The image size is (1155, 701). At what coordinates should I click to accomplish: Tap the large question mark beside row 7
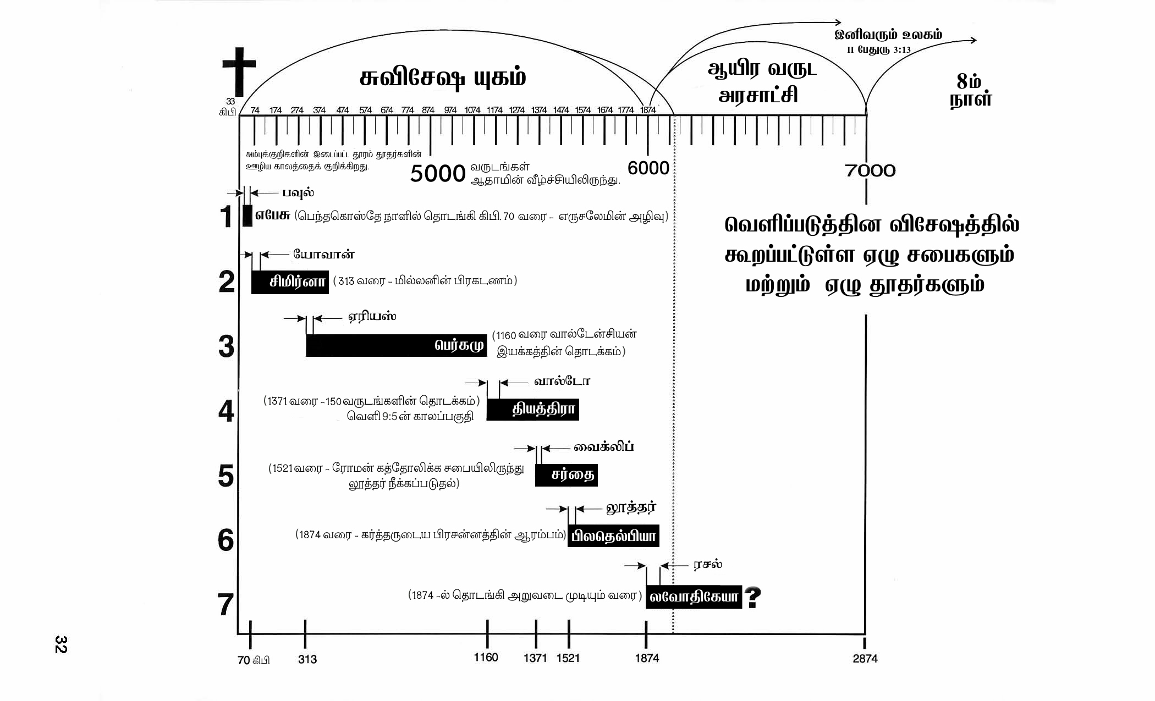pyautogui.click(x=752, y=597)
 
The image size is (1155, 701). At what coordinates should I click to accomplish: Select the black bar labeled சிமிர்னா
pyautogui.click(x=290, y=282)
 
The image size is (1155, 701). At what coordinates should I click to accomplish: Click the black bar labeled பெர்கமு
pyautogui.click(x=396, y=345)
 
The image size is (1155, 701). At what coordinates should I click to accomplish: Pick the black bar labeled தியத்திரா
pyautogui.click(x=532, y=410)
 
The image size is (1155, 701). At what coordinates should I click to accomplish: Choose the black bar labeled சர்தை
pyautogui.click(x=566, y=475)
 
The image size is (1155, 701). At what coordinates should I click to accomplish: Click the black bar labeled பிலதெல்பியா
pyautogui.click(x=613, y=536)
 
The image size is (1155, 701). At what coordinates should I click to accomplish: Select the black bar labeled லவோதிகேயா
pyautogui.click(x=694, y=597)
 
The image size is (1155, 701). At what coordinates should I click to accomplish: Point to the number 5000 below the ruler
pyautogui.click(x=438, y=174)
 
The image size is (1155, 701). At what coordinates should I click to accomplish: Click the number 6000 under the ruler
pyautogui.click(x=648, y=168)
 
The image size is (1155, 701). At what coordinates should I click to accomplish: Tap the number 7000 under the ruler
pyautogui.click(x=870, y=171)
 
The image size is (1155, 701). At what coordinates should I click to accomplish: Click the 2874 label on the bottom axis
pyautogui.click(x=865, y=659)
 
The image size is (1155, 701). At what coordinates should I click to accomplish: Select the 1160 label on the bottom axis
pyautogui.click(x=486, y=658)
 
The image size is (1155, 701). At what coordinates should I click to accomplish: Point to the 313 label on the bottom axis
pyautogui.click(x=307, y=659)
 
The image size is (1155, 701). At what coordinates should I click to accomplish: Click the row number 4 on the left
pyautogui.click(x=226, y=411)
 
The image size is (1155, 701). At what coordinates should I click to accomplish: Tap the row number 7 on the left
pyautogui.click(x=226, y=605)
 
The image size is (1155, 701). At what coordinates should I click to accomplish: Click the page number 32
pyautogui.click(x=61, y=644)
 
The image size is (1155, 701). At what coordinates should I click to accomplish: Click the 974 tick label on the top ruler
pyautogui.click(x=450, y=110)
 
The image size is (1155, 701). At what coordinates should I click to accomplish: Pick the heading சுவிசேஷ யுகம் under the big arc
pyautogui.click(x=443, y=78)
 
